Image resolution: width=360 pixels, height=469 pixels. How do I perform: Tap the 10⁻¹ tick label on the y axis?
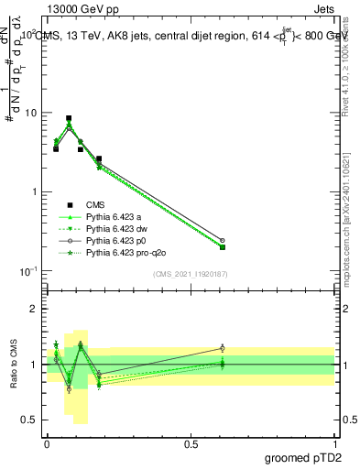click(x=29, y=271)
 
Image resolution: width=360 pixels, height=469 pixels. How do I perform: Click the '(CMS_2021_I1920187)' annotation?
click(x=191, y=272)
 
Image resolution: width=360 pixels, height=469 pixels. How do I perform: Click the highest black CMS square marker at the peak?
click(x=69, y=118)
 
